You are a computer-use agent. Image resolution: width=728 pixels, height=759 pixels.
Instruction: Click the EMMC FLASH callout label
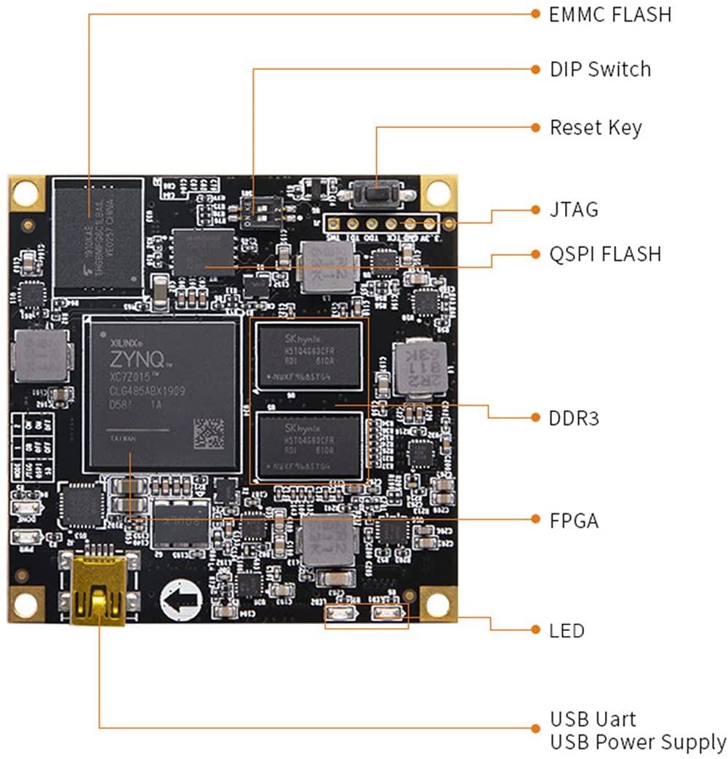[609, 14]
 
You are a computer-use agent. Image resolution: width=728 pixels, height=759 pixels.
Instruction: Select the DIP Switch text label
[600, 70]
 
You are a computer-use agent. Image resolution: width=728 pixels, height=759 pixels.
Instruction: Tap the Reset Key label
[596, 128]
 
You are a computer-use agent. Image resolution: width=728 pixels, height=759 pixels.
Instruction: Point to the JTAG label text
[574, 210]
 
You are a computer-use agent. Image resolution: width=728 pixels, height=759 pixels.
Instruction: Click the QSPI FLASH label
[605, 254]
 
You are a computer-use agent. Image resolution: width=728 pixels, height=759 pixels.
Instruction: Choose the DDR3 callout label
[574, 419]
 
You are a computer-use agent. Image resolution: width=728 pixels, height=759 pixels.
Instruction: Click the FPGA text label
[574, 521]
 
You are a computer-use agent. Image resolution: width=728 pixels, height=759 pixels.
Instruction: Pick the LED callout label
[567, 630]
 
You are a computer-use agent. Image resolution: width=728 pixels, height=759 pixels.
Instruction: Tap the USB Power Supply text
[637, 742]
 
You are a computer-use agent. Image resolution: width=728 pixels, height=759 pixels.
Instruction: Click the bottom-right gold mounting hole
[439, 604]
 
